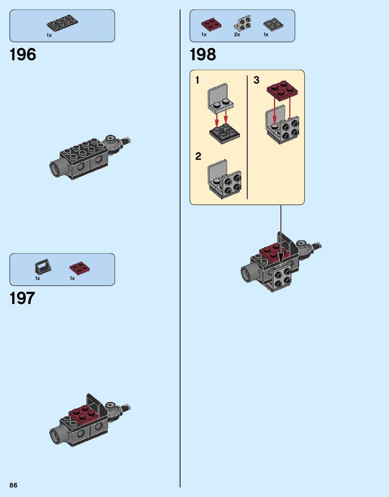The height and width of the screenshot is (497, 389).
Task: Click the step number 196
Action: click(23, 55)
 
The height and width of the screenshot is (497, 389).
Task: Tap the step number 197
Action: click(22, 298)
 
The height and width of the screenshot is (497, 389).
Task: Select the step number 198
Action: click(203, 55)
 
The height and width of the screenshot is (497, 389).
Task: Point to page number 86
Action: click(14, 485)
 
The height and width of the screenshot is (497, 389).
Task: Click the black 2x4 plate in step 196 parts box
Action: click(62, 23)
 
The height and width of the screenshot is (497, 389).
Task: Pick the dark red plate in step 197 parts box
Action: click(79, 268)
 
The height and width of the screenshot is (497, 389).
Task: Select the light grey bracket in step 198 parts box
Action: click(242, 23)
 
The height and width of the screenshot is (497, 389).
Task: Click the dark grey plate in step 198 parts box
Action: click(273, 24)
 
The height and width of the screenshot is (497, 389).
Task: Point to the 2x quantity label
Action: click(237, 35)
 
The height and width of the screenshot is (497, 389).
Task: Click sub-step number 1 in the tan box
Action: click(197, 80)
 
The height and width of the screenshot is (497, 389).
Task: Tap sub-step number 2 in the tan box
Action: click(198, 156)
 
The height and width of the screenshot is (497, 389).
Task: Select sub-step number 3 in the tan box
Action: click(257, 80)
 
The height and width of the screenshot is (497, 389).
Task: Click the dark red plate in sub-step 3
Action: click(282, 90)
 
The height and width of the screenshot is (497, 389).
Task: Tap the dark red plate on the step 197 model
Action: click(84, 414)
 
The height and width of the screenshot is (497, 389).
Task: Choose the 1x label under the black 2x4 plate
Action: click(49, 35)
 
